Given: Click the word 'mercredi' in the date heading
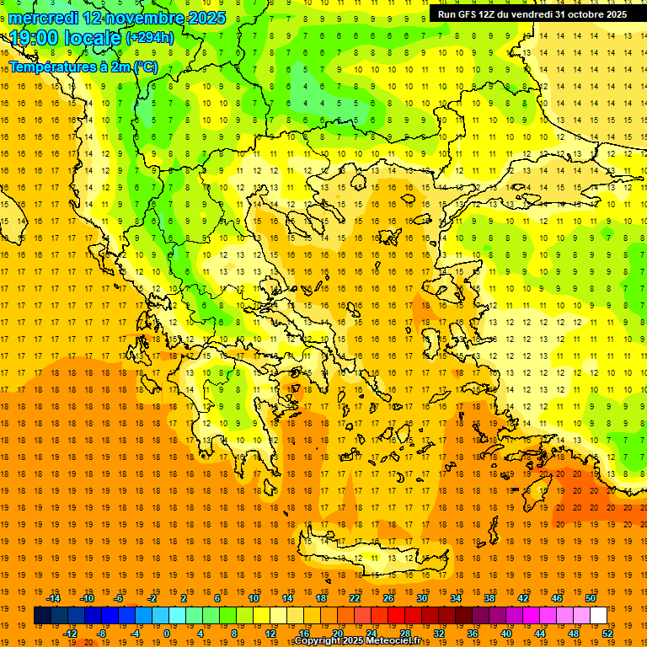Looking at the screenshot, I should coord(44,17).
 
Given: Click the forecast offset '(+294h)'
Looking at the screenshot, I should coord(150,38).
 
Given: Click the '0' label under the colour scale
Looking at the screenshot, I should coord(167,634).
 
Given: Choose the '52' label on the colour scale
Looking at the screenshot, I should coord(607,634).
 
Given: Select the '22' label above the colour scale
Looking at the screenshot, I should coord(355,598).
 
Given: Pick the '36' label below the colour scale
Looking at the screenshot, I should coord(472,634).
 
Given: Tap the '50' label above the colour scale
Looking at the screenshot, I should coord(590,598).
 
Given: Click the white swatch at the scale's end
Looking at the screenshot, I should coord(598,616).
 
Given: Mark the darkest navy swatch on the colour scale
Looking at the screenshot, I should coord(42,616).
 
